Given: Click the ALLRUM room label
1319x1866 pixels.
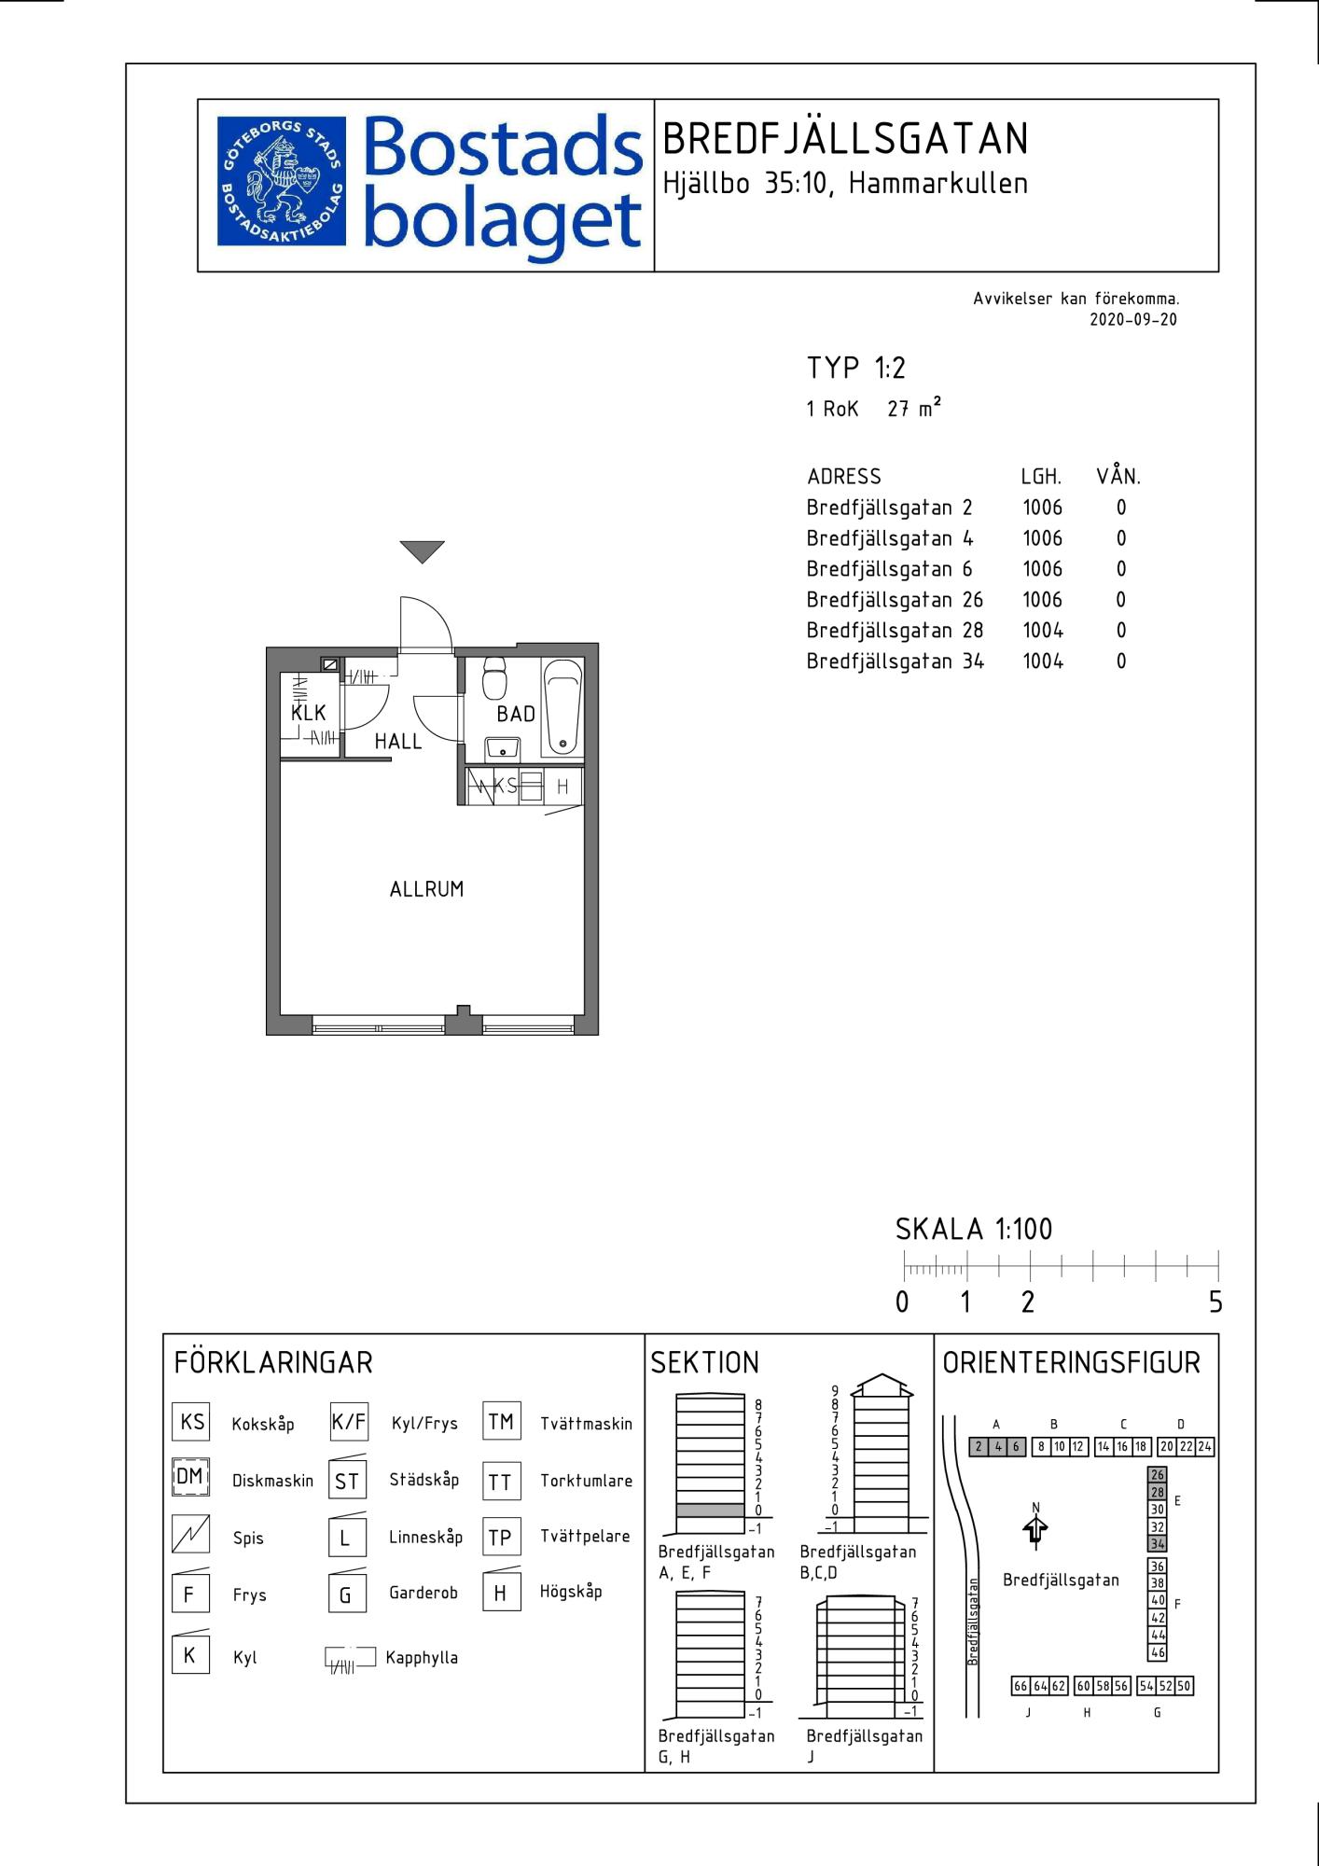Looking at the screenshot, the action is click(x=426, y=889).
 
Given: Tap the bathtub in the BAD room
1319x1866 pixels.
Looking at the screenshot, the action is click(x=562, y=707).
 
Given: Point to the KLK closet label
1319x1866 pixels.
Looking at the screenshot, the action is click(x=309, y=713).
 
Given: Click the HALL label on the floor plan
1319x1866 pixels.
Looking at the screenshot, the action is click(x=398, y=742).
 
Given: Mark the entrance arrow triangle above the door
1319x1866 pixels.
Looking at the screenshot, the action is click(x=423, y=552).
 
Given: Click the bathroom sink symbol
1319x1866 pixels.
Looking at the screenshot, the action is click(x=502, y=748).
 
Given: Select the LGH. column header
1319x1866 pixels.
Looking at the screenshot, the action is click(x=1041, y=477).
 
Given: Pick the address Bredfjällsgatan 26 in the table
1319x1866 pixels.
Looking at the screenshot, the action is click(x=895, y=600).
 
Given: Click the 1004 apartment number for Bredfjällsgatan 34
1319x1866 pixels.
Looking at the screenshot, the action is click(x=1043, y=661).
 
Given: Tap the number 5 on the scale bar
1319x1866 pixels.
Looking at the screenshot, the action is click(x=1215, y=1302).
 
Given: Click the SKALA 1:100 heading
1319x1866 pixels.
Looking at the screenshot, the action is click(x=974, y=1230).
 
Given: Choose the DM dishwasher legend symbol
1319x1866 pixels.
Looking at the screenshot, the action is click(x=190, y=1478).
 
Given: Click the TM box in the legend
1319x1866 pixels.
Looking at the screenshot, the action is click(x=501, y=1422).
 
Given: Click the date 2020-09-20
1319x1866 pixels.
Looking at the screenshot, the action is click(x=1133, y=319).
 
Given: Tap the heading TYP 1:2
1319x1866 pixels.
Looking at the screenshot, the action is click(x=855, y=368).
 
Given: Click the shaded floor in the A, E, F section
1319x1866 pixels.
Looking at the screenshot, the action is click(x=711, y=1510).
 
